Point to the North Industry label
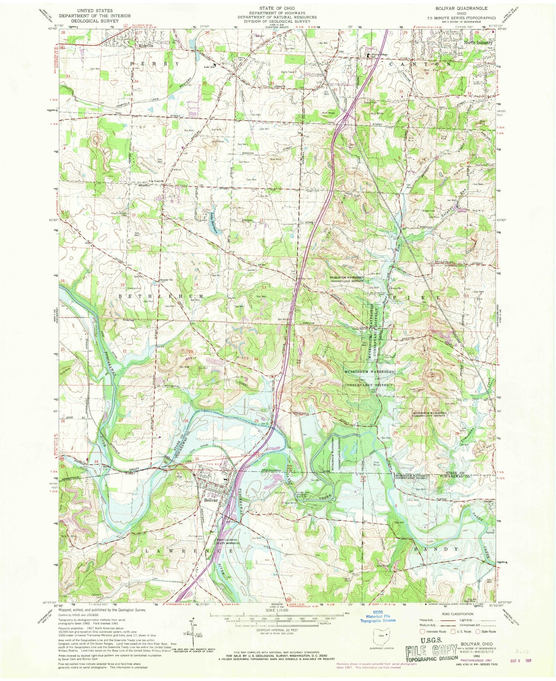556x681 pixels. point(478,43)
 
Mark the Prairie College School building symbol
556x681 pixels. point(368,56)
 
